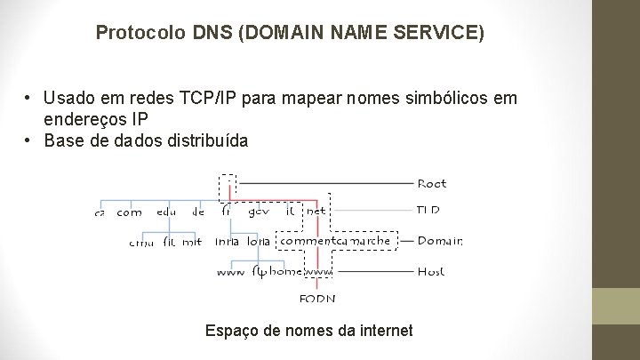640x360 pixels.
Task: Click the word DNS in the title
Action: [211, 34]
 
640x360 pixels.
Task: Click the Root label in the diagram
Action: [432, 184]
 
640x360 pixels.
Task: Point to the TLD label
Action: [428, 212]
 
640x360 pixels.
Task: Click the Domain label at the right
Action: [440, 241]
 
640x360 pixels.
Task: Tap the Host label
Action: [431, 271]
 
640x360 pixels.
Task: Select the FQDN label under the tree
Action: [317, 299]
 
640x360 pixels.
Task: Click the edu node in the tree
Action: [166, 212]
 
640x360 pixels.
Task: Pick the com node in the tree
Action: [130, 212]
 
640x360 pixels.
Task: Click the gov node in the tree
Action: [259, 212]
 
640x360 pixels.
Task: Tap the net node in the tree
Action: [316, 212]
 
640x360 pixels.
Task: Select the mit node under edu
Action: [192, 242]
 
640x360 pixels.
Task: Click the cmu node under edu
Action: [141, 242]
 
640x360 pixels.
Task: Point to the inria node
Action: [227, 242]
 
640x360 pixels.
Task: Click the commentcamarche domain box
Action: [335, 241]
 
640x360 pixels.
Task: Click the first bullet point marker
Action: [29, 97]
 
